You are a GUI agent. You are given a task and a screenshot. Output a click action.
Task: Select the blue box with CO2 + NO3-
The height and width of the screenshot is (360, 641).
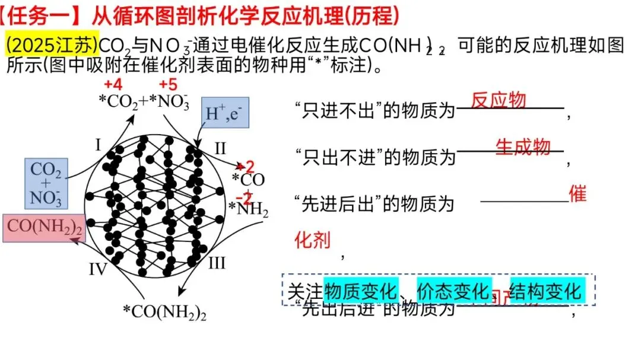click(x=46, y=183)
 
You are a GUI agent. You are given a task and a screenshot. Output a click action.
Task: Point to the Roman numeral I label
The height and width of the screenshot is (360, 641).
click(x=99, y=144)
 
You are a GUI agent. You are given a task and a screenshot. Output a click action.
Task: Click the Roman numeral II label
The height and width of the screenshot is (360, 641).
click(x=220, y=147)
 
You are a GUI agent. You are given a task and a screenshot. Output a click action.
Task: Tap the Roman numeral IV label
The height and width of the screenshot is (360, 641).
click(x=98, y=270)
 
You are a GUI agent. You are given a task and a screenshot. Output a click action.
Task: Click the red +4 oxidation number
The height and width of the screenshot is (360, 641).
click(x=113, y=84)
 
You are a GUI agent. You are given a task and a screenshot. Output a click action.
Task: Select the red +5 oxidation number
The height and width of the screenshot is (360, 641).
click(x=168, y=84)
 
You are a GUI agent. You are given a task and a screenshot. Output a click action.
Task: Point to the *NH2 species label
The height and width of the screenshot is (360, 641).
click(x=249, y=209)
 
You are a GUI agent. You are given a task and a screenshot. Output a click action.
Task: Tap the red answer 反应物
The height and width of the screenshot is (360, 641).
click(x=499, y=100)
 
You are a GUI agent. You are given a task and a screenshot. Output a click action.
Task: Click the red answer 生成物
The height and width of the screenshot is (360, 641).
click(x=523, y=146)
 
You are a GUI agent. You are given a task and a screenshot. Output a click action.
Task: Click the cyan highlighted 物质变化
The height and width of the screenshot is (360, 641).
click(x=361, y=291)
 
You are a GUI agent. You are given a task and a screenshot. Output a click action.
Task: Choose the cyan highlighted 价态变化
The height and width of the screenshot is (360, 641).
click(x=454, y=291)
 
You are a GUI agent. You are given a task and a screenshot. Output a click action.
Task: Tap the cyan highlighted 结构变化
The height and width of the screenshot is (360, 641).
click(x=545, y=291)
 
